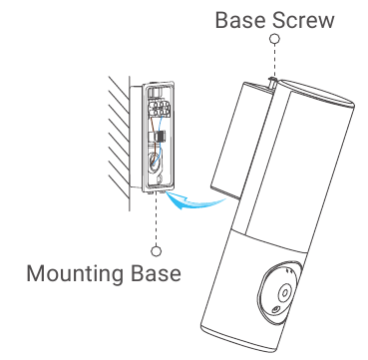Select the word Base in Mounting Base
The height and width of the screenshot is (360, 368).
(x=156, y=271)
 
